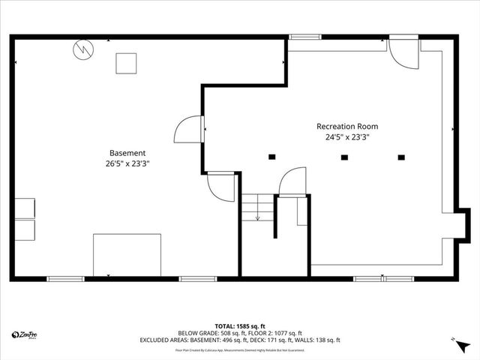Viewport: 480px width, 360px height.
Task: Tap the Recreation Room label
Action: (x=346, y=126)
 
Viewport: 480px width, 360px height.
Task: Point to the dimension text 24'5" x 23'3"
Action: (x=346, y=137)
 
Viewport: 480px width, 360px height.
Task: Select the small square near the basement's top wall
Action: (x=126, y=64)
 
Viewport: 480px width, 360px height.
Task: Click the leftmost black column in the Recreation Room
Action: (x=271, y=157)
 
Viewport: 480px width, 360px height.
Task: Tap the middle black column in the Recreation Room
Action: (x=344, y=157)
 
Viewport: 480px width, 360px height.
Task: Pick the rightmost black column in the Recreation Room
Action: (x=401, y=157)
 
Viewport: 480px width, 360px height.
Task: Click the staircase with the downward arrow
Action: (x=256, y=208)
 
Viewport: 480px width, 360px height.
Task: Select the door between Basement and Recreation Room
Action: (x=188, y=129)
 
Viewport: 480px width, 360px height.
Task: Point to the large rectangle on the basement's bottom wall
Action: (x=127, y=255)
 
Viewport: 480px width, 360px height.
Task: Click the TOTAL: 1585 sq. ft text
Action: (x=239, y=326)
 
